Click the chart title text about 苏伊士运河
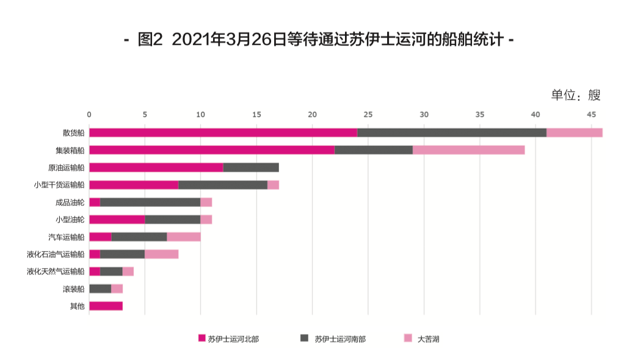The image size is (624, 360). tap(319, 40)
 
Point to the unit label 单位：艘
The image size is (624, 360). tap(576, 95)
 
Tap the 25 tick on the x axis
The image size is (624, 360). tap(368, 114)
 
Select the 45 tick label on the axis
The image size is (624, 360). tap(591, 114)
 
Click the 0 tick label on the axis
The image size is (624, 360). tap(89, 114)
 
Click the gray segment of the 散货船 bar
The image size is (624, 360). tap(451, 132)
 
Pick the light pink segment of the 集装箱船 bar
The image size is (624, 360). tap(468, 150)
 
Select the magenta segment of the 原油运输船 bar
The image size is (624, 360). tap(156, 167)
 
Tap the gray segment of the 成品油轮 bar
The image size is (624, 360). tap(150, 202)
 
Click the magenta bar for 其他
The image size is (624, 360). tap(106, 306)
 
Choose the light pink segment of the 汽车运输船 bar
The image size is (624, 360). tap(184, 237)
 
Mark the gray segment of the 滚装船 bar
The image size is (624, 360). tap(100, 289)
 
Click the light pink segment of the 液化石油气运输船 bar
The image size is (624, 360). tap(161, 254)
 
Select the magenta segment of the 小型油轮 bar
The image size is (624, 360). tap(117, 219)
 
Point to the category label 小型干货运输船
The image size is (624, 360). tap(59, 185)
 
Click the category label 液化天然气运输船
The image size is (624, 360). tap(56, 272)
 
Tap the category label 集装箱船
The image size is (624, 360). tap(70, 150)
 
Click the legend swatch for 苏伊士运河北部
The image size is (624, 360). tap(201, 338)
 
